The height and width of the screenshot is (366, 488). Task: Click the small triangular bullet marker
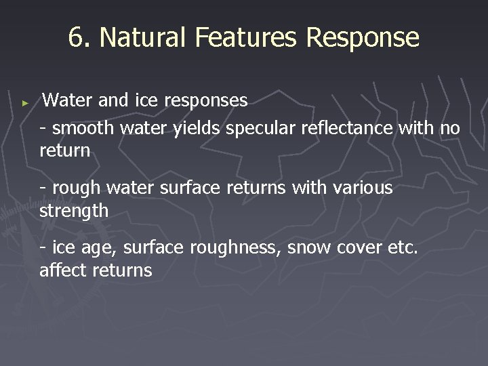25,102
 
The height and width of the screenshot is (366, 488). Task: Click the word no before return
449,127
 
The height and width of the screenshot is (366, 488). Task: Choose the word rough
73,188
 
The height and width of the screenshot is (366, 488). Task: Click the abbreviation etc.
403,249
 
